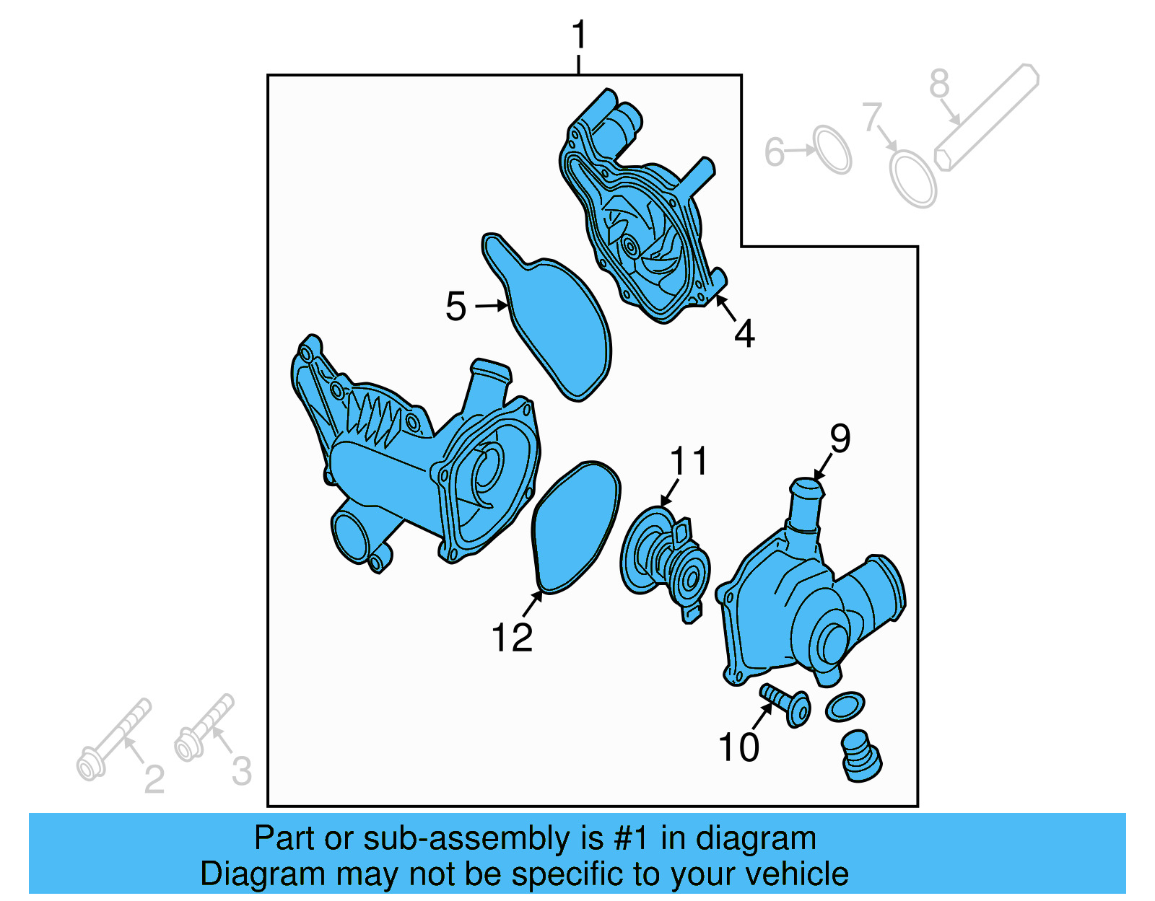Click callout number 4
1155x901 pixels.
tap(744, 333)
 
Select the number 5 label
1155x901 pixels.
tap(456, 307)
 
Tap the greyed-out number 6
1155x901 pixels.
tap(774, 152)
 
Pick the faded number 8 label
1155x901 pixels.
tap(938, 84)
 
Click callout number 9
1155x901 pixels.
tap(840, 439)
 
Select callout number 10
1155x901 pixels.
tap(738, 747)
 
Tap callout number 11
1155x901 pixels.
tap(689, 461)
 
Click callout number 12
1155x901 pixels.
tap(512, 637)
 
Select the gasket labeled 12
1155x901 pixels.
tap(576, 527)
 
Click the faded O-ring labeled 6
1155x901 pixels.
tap(832, 150)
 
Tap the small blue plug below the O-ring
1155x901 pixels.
tap(861, 757)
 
